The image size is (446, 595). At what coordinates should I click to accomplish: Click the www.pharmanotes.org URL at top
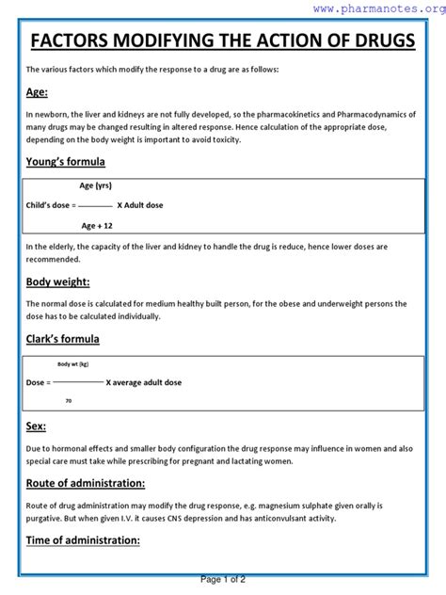click(x=379, y=8)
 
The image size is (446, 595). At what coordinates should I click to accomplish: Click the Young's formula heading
click(x=66, y=161)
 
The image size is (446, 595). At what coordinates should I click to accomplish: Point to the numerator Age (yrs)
click(x=96, y=185)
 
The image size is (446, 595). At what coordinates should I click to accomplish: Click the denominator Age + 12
click(x=97, y=226)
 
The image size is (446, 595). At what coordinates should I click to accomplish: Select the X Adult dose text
click(x=139, y=205)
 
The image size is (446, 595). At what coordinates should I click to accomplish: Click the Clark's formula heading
click(x=63, y=339)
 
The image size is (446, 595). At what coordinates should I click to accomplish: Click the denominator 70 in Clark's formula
click(x=69, y=401)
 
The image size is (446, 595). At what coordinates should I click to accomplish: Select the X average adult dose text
click(x=144, y=382)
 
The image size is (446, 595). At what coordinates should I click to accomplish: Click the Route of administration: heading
click(x=86, y=483)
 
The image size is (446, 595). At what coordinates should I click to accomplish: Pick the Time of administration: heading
click(x=83, y=540)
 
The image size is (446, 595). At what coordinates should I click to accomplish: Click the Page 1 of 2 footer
click(x=223, y=580)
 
